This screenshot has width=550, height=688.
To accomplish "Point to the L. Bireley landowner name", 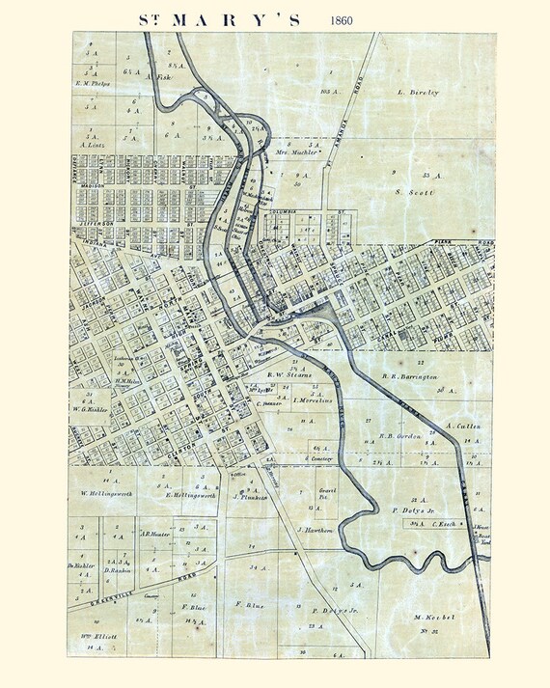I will tap(418, 93).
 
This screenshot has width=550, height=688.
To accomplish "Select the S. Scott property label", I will tap(412, 192).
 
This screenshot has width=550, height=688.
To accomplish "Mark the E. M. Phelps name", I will tap(93, 83).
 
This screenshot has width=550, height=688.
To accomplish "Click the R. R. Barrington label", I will tap(410, 377).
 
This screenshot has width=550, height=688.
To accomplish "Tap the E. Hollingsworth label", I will tap(195, 494).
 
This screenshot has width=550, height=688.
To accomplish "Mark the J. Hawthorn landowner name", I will tap(316, 530).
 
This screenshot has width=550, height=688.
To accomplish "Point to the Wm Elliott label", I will tap(97, 637).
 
